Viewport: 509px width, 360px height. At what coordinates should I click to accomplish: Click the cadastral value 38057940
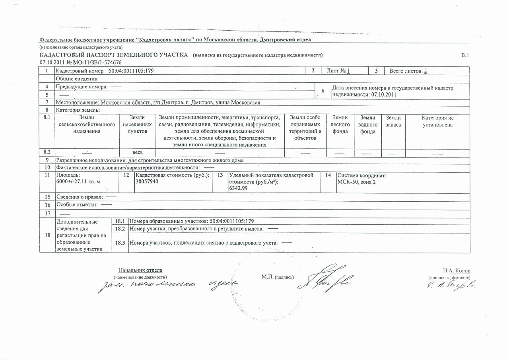click(x=147, y=181)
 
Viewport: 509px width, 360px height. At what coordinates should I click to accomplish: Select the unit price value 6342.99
click(x=238, y=188)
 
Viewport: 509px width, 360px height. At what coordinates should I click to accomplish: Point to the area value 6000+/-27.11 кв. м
click(x=79, y=181)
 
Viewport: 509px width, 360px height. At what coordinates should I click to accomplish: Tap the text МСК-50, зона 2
click(x=356, y=182)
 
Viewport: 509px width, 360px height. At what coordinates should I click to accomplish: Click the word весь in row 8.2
click(x=138, y=152)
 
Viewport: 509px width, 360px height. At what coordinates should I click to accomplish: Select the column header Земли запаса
click(x=393, y=121)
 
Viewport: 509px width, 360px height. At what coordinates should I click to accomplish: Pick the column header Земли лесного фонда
click(x=340, y=125)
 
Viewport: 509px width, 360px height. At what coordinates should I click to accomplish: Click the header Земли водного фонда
click(x=368, y=125)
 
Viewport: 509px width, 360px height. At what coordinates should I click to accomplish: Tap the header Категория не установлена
click(x=437, y=121)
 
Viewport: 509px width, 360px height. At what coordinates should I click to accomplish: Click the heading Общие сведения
click(x=77, y=79)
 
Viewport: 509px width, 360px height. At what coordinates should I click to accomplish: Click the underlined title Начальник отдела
click(x=140, y=270)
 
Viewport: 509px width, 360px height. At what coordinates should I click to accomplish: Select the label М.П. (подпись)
click(x=278, y=277)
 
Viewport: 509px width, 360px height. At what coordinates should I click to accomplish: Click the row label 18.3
click(x=120, y=243)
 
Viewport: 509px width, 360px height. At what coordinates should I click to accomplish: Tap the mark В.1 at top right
click(x=465, y=55)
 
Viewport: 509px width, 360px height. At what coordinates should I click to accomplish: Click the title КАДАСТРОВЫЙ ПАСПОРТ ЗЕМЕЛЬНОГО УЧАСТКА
click(x=113, y=55)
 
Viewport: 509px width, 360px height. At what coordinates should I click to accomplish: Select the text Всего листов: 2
click(x=408, y=71)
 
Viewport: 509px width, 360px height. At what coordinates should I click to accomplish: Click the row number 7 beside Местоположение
click(x=47, y=103)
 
